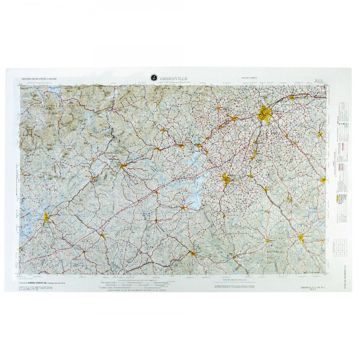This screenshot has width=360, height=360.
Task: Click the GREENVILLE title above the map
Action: (174, 78)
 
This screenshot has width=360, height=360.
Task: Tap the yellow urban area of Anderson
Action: (226, 180)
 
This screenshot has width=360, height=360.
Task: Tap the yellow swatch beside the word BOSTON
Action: (337, 199)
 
